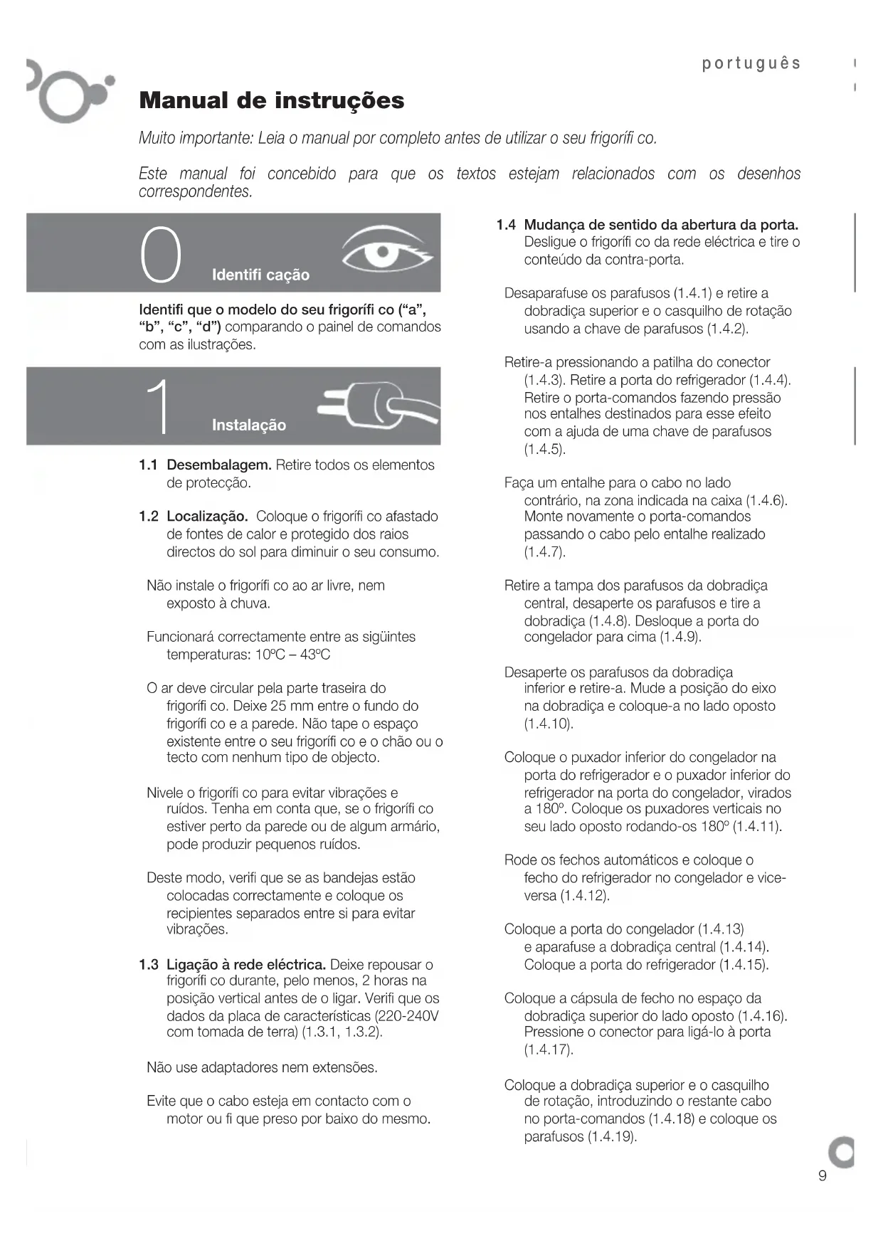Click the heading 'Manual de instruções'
(x=272, y=100)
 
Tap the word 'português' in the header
(x=751, y=63)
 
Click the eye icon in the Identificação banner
(x=386, y=251)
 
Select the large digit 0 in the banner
(x=161, y=254)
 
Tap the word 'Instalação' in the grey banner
(x=248, y=425)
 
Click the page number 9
(x=823, y=1175)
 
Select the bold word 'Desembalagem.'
(x=219, y=465)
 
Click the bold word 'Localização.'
(x=207, y=516)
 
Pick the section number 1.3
(x=149, y=965)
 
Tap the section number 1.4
(x=506, y=225)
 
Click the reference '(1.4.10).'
(x=549, y=724)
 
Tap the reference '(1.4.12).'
(x=585, y=895)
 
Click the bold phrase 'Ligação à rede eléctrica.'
(x=246, y=965)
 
